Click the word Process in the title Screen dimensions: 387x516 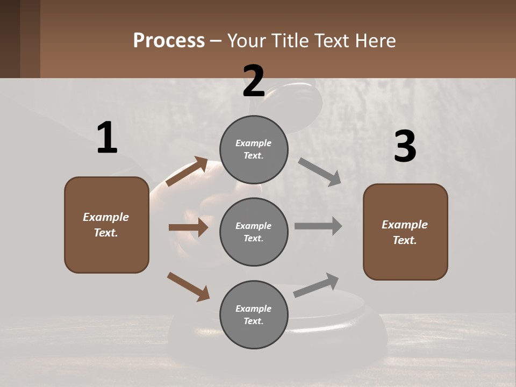[x=169, y=41]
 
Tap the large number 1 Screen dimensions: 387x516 [x=107, y=138]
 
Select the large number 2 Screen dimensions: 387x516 [x=254, y=81]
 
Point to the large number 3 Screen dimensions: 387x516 [x=405, y=146]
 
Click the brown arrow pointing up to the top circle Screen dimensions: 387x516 [x=187, y=171]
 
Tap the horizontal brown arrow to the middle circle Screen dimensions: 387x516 [x=188, y=227]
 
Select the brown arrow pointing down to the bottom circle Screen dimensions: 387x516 [x=188, y=286]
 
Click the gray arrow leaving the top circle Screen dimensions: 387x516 [x=320, y=172]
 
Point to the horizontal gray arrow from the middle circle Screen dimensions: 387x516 [x=318, y=226]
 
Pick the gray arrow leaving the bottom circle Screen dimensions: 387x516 [x=317, y=285]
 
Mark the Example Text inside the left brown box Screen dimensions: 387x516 [x=106, y=225]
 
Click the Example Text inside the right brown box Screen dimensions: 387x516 [x=405, y=232]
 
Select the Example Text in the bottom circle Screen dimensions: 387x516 [x=254, y=315]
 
